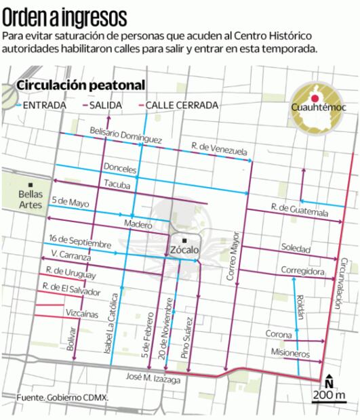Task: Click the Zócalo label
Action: point(184,249)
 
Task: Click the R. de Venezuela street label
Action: point(218,146)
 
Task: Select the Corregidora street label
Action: point(303,270)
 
